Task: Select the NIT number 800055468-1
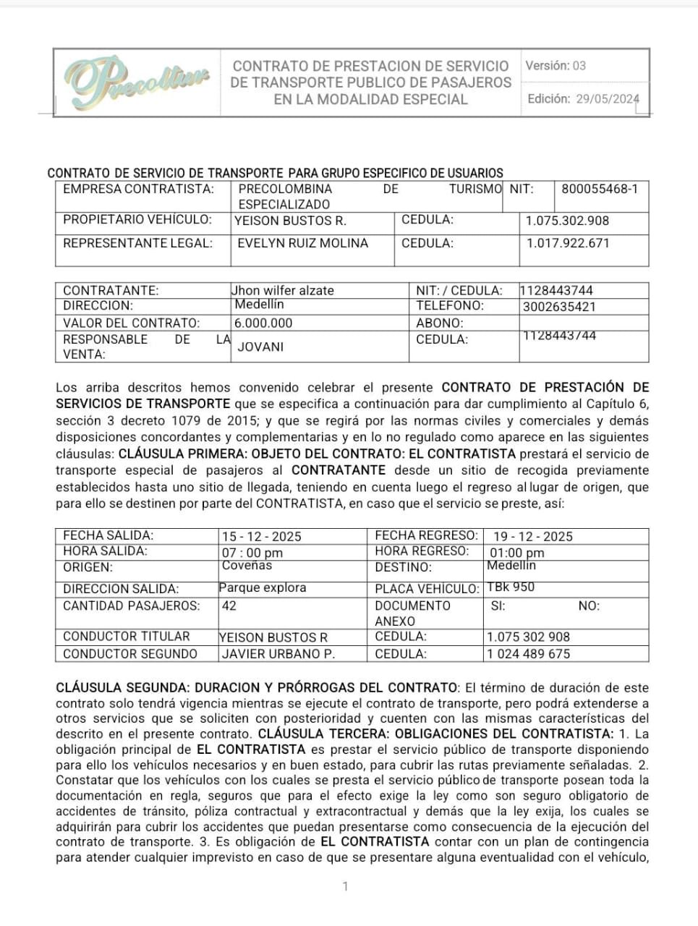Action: pos(600,189)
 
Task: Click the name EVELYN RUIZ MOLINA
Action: pos(302,243)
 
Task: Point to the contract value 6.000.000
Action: pos(263,323)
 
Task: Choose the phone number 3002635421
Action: pos(559,307)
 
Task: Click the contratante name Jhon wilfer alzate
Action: pos(283,291)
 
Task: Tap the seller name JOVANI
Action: pos(260,347)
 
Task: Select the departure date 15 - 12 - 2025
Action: pos(261,537)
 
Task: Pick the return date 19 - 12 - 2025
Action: pos(532,537)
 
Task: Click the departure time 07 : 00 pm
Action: pos(252,553)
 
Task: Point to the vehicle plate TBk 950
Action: pos(511,587)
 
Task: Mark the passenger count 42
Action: pos(229,606)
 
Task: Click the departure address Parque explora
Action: pos(263,587)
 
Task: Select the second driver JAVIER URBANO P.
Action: pos(278,654)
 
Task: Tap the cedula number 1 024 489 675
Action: pos(528,654)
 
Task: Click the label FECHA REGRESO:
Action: pos(426,536)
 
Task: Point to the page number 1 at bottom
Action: pos(345,886)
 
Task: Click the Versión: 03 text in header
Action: pos(556,66)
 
